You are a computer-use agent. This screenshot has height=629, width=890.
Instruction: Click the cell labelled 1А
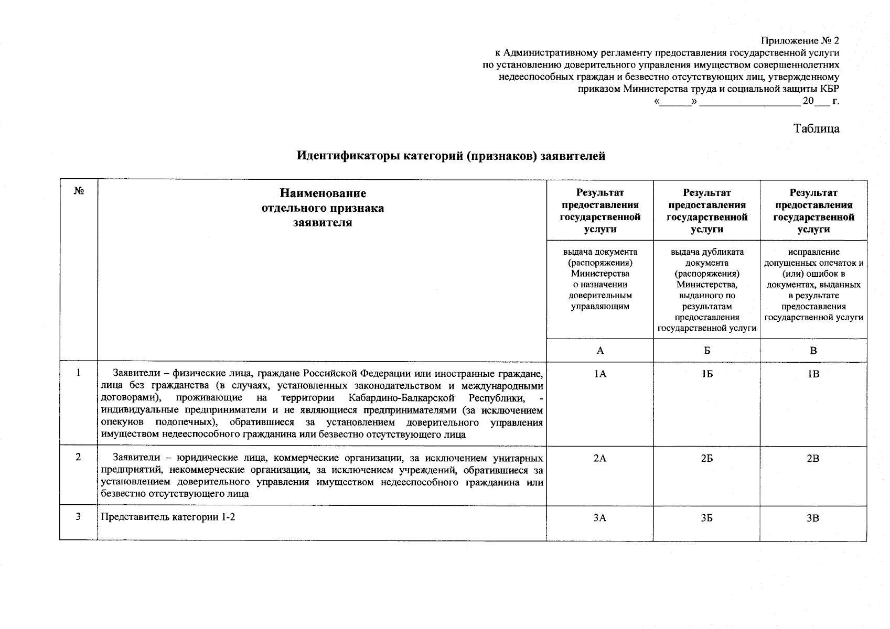point(600,374)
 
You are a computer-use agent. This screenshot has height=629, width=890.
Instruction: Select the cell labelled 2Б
point(707,458)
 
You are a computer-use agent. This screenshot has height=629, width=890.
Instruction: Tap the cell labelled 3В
point(813,518)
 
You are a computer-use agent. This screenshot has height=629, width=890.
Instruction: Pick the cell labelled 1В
point(813,374)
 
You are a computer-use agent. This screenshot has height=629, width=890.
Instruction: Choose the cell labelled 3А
point(600,518)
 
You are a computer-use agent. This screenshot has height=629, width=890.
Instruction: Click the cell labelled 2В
point(813,458)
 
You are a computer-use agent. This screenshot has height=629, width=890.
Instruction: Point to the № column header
point(79,192)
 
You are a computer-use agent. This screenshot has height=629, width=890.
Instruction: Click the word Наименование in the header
point(323,193)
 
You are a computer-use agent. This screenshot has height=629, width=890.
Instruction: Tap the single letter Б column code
point(707,351)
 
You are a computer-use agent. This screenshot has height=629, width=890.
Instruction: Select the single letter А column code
point(600,351)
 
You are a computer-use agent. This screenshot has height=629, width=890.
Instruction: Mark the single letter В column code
point(813,351)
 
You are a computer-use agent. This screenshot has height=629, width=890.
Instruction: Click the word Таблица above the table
point(816,129)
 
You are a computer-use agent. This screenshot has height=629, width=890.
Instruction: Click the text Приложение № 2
point(800,41)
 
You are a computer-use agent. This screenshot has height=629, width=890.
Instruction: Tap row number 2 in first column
point(78,457)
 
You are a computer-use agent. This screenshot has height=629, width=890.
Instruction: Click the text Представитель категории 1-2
point(168,517)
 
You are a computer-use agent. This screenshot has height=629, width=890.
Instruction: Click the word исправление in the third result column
point(813,252)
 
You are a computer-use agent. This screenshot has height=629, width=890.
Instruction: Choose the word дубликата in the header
point(725,252)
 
